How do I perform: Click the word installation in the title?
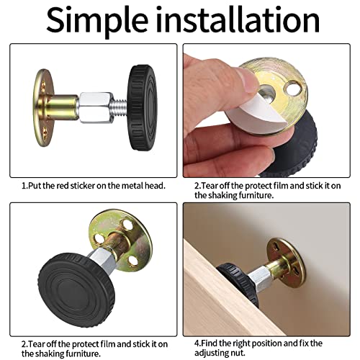coord(238,19)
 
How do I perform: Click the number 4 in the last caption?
coord(197,343)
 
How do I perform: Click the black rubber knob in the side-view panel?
coord(142,107)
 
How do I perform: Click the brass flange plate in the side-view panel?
coord(44,108)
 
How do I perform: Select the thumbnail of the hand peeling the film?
coord(266,111)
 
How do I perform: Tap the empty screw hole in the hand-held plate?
coord(292,89)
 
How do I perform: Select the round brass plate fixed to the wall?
coord(287,259)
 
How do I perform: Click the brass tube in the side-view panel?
coord(62,107)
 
